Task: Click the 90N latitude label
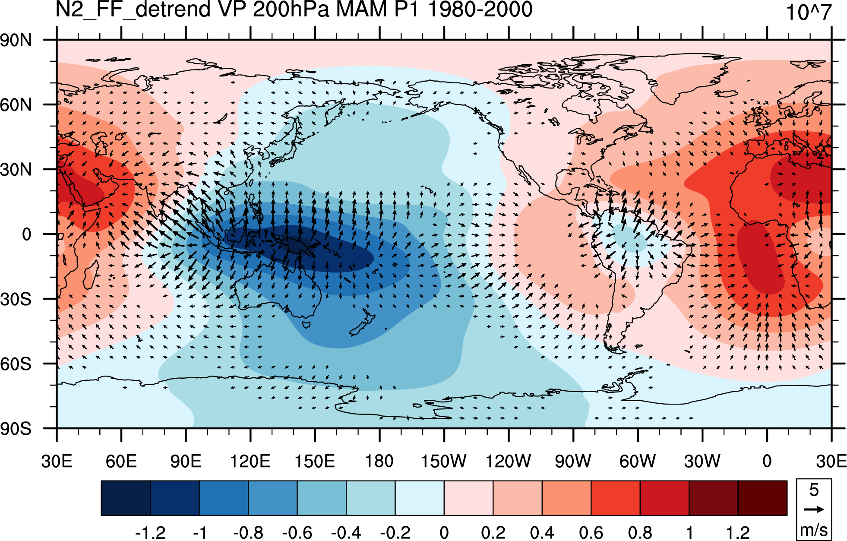[x=16, y=40]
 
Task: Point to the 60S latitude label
[x=16, y=364]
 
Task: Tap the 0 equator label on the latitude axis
[x=27, y=234]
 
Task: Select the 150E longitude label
[x=315, y=461]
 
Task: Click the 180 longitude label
[x=379, y=461]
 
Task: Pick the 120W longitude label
[x=509, y=461]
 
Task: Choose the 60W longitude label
[x=638, y=461]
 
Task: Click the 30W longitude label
[x=702, y=461]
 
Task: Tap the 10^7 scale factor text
[x=809, y=12]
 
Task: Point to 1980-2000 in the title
[x=480, y=9]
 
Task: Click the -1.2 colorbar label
[x=150, y=532]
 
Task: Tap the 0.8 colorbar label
[x=640, y=532]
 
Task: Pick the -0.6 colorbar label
[x=297, y=532]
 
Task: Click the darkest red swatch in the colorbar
[x=763, y=498]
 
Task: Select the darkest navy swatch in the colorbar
[x=126, y=498]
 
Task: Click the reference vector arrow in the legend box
[x=814, y=509]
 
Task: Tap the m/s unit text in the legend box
[x=814, y=530]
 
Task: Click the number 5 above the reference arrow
[x=814, y=490]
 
